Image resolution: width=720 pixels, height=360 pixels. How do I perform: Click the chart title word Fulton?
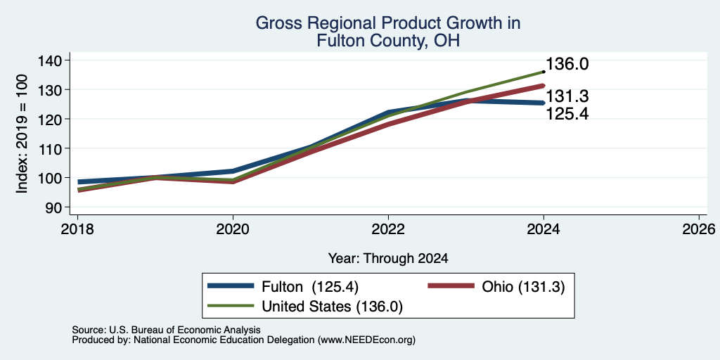tap(340, 41)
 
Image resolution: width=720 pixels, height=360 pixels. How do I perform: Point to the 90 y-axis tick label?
tap(53, 207)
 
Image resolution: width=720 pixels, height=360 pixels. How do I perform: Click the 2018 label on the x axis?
tap(77, 229)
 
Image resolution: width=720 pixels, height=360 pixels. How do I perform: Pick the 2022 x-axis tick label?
tap(388, 229)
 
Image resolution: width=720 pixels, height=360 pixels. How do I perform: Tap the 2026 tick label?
tap(699, 229)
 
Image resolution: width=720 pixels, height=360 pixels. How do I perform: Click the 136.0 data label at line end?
tap(567, 64)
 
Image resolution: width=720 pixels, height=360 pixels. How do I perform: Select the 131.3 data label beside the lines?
tap(567, 96)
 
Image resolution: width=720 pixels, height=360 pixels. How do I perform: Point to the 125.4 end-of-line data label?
tap(567, 113)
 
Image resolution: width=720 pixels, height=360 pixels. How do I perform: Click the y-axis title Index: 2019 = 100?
tap(22, 134)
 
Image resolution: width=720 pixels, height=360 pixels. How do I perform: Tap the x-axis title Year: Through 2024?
tap(388, 259)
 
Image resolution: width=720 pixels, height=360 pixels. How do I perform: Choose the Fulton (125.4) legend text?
tap(310, 287)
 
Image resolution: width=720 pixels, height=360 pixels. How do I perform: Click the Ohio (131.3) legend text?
tap(523, 287)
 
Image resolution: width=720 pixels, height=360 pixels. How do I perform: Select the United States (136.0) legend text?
tap(332, 307)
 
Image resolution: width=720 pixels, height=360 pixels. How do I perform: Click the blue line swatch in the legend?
tap(231, 286)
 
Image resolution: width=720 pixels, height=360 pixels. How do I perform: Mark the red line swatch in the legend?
tap(451, 286)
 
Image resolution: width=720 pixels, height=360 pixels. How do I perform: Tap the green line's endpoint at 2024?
tap(544, 72)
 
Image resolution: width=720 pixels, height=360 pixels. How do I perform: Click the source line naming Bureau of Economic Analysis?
tap(166, 330)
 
